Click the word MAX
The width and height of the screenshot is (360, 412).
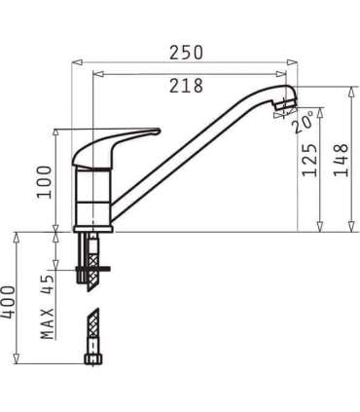tap(46, 320)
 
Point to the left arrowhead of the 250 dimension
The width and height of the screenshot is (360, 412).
tap(75, 62)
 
